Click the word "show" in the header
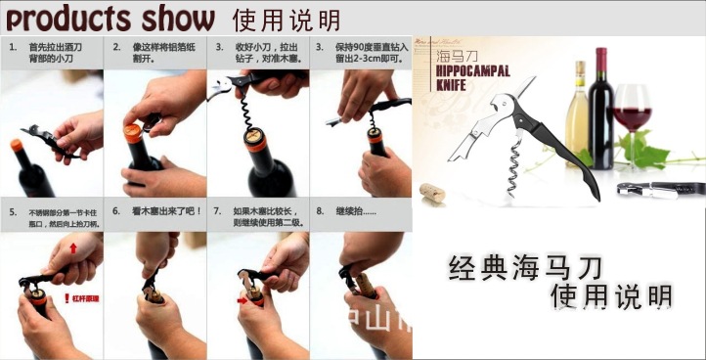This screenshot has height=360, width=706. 177,18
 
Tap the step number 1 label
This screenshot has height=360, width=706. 11,47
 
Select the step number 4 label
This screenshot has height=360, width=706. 320,47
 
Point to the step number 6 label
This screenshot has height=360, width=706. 115,210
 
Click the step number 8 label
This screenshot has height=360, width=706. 320,210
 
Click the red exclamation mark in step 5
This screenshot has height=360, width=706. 66,296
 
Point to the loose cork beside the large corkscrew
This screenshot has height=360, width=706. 431,192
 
